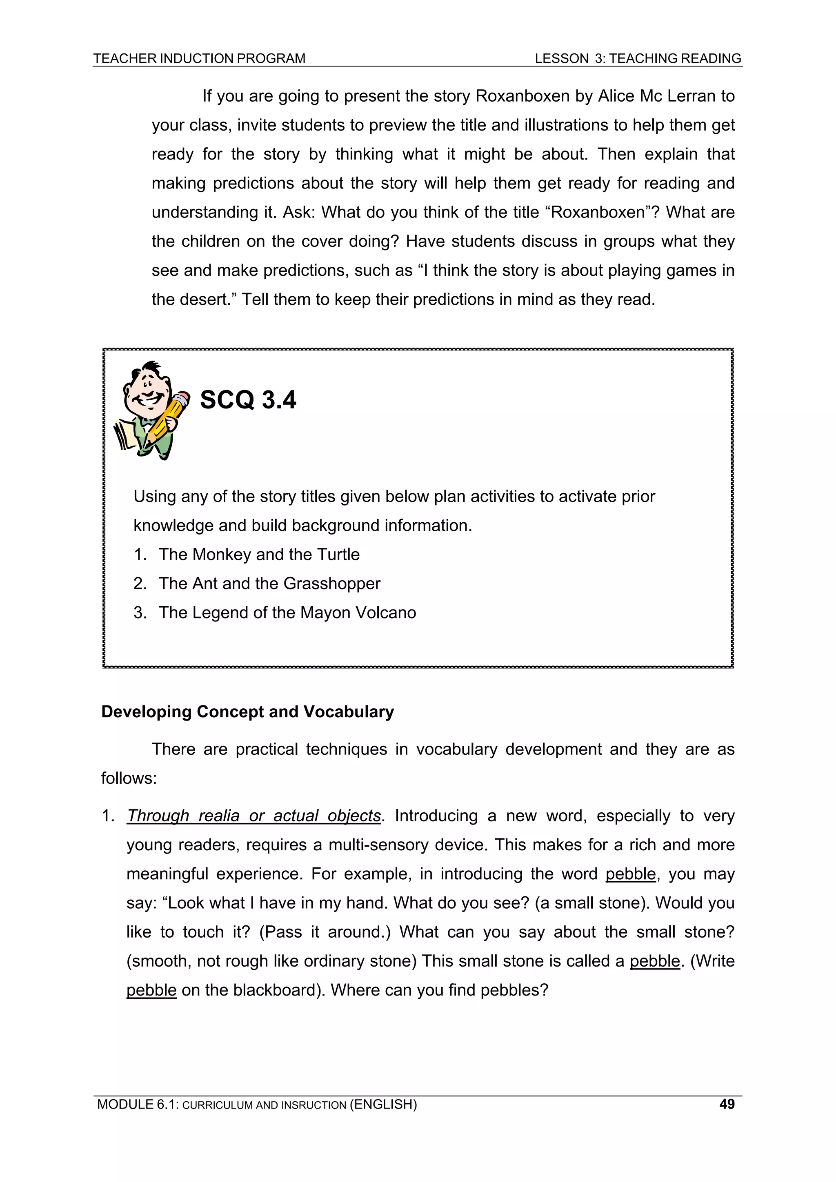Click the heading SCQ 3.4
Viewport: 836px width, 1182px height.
[x=248, y=400]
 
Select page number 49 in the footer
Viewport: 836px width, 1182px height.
[x=726, y=1104]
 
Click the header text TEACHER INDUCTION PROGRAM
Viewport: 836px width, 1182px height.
[x=199, y=59]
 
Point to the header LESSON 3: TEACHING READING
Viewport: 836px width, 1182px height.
[x=638, y=59]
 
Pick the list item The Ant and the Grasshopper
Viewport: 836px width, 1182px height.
[x=269, y=583]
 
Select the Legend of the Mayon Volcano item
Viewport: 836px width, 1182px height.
[x=287, y=612]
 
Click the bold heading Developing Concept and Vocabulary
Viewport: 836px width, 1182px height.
[x=247, y=712]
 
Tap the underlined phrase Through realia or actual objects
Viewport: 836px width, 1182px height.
[x=253, y=816]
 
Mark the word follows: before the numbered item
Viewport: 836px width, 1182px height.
[x=129, y=778]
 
